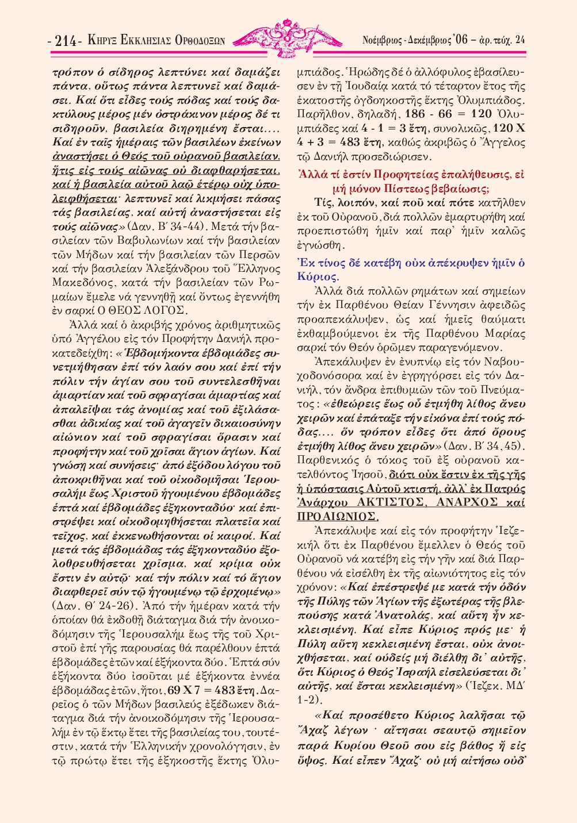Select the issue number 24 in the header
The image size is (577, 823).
(x=519, y=40)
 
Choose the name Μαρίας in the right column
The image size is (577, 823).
(x=507, y=333)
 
